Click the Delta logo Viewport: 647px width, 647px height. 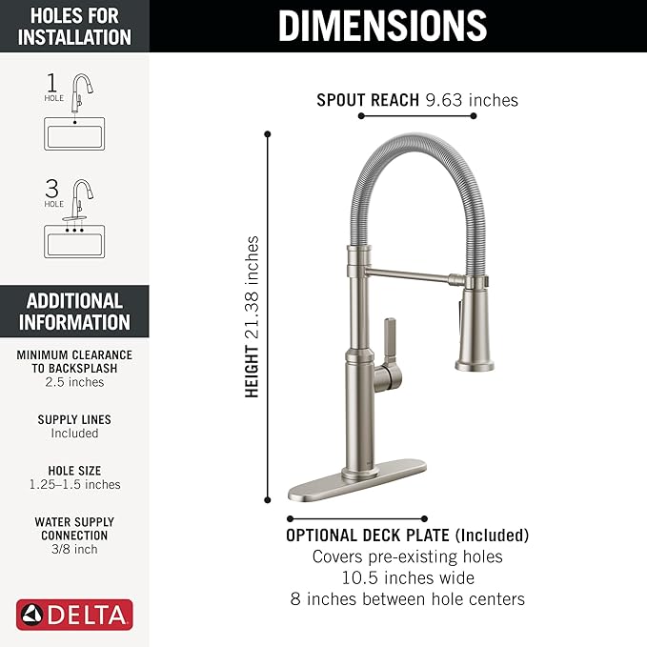74,615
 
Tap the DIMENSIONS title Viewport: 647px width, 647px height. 382,26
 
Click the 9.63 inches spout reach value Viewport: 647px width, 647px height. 474,99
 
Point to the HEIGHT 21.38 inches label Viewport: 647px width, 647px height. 253,316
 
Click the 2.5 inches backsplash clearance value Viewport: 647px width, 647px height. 74,382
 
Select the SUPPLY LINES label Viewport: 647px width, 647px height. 74,419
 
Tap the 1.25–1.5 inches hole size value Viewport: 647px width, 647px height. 74,485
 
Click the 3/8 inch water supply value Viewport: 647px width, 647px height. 74,549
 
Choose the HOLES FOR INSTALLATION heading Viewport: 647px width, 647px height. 74,26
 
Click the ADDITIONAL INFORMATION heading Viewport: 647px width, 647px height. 74,311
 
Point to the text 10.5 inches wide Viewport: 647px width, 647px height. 407,577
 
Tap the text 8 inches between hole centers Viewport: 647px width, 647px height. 407,599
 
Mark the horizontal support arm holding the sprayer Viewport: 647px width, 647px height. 410,277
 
